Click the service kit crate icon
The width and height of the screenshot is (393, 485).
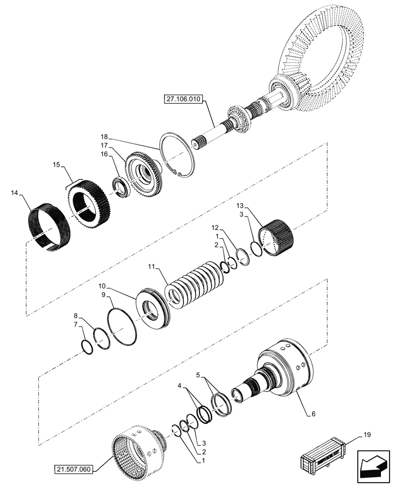click(x=322, y=457)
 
